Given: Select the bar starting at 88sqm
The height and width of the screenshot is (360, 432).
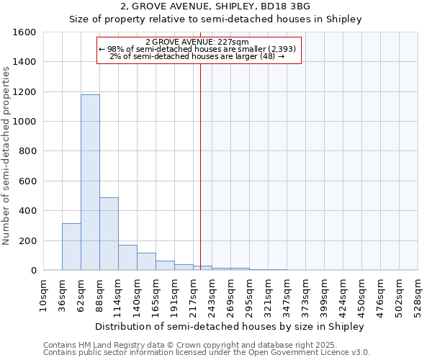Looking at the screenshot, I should (x=109, y=233).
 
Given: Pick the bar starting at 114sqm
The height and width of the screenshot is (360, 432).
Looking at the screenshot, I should (x=127, y=257).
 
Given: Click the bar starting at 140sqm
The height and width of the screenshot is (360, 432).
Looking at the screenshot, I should (x=146, y=261).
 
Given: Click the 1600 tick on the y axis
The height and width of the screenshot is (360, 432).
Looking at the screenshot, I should (x=24, y=32).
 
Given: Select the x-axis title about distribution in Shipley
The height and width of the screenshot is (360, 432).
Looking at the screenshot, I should (x=230, y=326).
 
